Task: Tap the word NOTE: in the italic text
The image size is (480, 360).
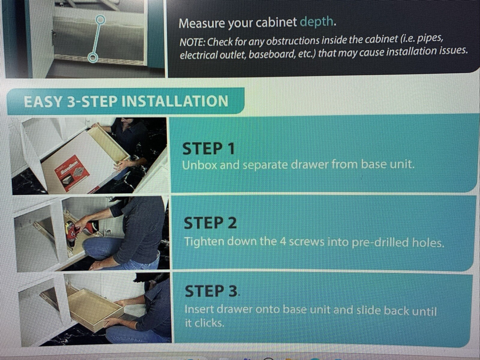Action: (x=192, y=42)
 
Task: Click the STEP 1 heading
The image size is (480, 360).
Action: (x=208, y=149)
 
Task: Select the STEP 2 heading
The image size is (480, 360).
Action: (x=210, y=223)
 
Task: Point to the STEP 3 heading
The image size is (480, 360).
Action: (x=211, y=291)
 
